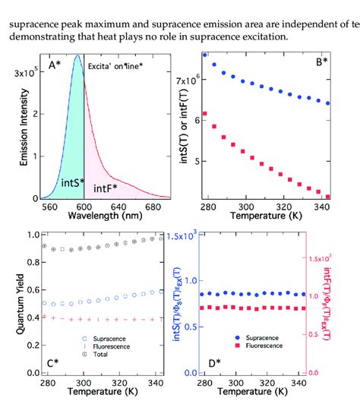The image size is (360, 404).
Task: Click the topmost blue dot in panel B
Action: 205,55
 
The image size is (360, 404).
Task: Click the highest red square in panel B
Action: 205,113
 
